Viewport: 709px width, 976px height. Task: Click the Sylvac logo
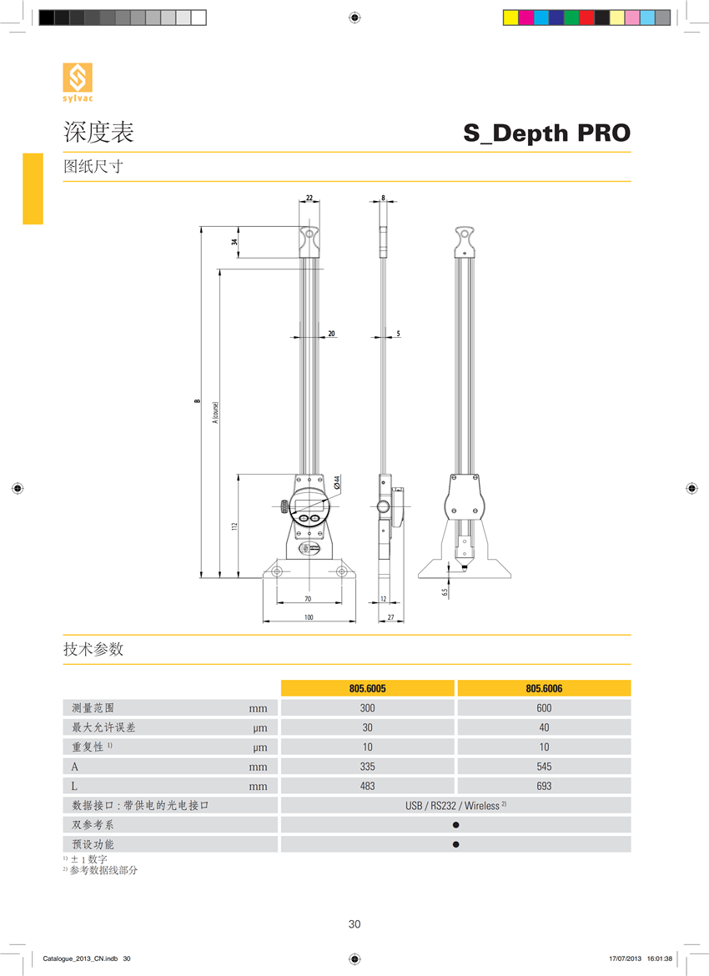click(78, 82)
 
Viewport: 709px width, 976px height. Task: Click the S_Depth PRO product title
click(546, 133)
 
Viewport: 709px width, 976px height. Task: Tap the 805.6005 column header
click(367, 688)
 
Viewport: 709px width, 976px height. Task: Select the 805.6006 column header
click(544, 688)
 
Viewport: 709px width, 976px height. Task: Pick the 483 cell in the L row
click(367, 786)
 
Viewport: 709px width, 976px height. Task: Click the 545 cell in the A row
click(544, 767)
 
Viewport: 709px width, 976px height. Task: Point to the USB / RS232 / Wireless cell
click(455, 806)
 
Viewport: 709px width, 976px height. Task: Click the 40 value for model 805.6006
click(544, 727)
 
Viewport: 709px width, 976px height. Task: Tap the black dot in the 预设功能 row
click(455, 845)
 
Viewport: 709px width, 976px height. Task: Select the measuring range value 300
click(367, 708)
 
